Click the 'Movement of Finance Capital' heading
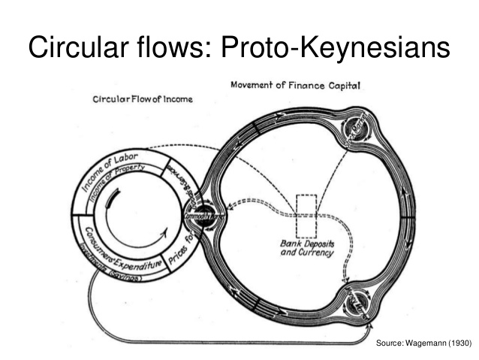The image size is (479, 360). tap(295, 86)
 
